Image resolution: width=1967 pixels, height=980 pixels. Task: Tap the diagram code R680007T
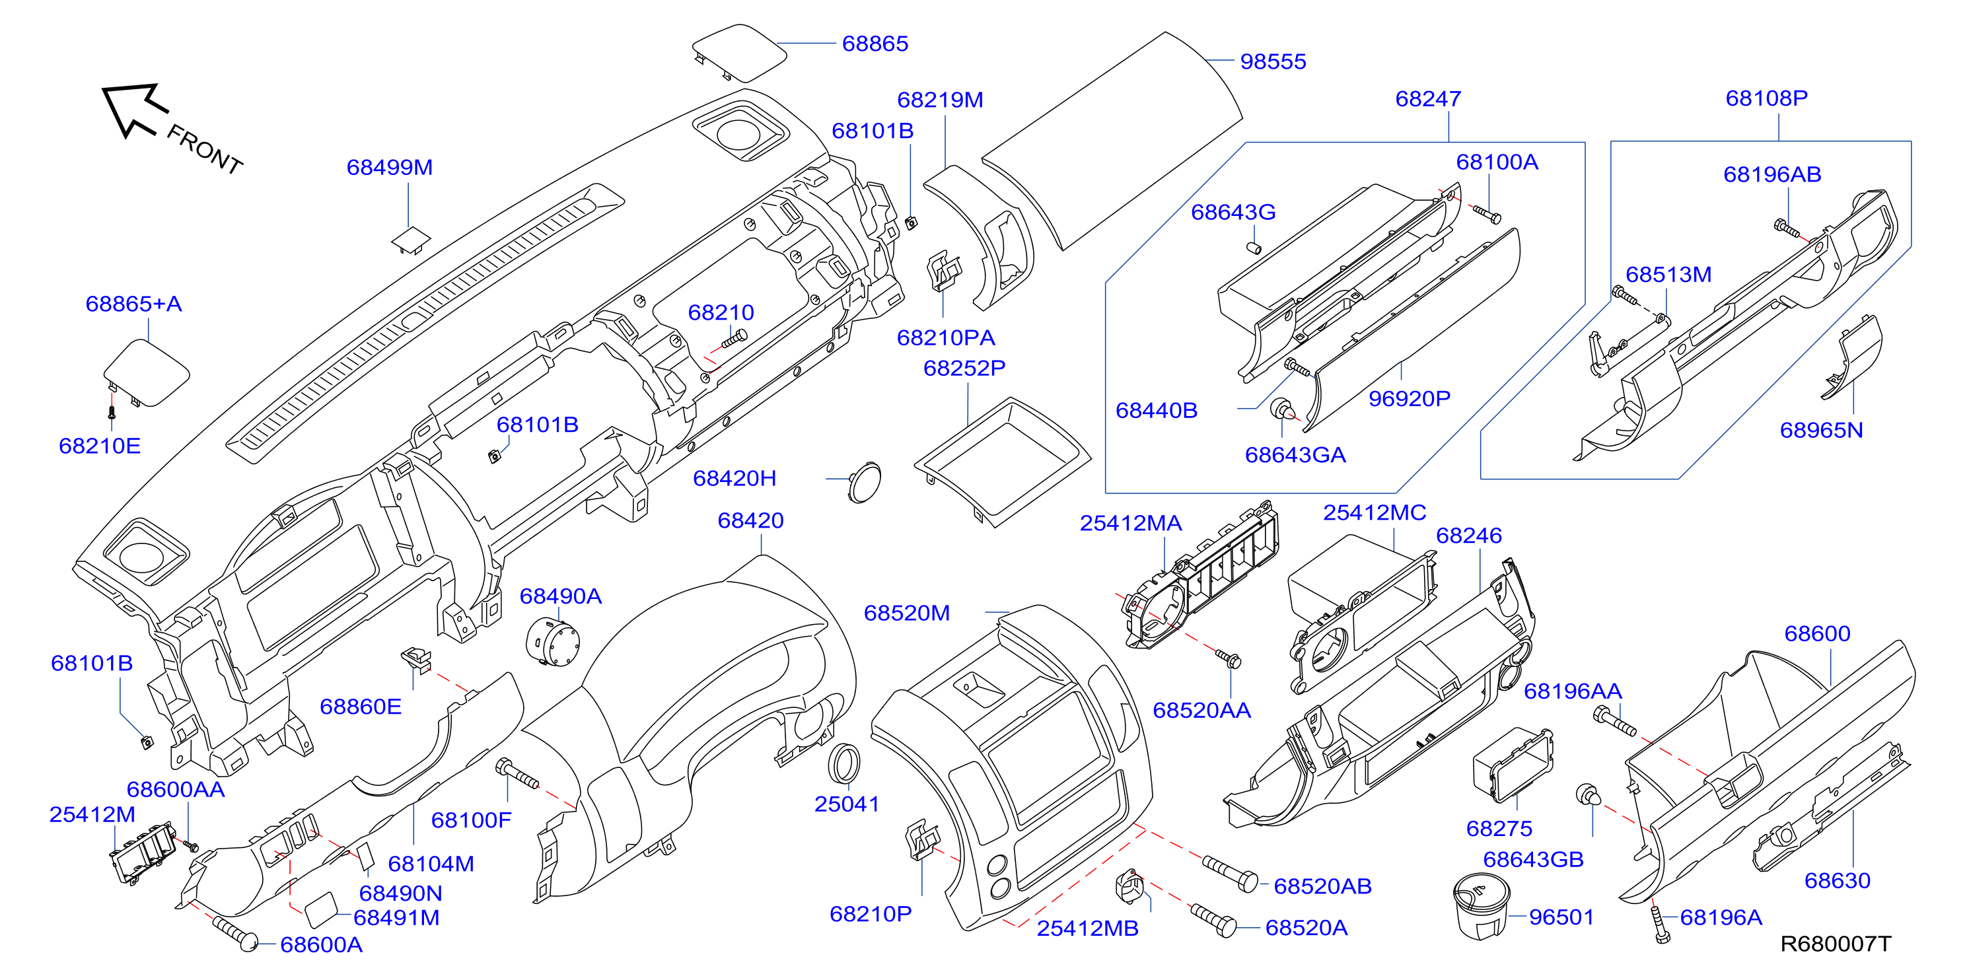[x=1836, y=944]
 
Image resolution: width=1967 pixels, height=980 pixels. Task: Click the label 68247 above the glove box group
[x=1428, y=98]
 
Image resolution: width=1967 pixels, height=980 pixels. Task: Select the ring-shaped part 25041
[x=843, y=763]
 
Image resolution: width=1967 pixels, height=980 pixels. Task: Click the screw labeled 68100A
[x=1487, y=215]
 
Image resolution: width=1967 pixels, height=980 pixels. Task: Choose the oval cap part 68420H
[x=865, y=481]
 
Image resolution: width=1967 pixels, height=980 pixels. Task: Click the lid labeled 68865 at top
[x=738, y=53]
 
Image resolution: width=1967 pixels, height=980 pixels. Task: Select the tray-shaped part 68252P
[x=1002, y=462]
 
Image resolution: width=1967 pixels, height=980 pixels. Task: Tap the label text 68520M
[x=906, y=613]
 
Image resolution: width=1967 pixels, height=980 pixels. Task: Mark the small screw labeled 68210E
[x=112, y=412]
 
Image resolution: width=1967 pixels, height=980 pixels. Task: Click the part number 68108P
[x=1766, y=98]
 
